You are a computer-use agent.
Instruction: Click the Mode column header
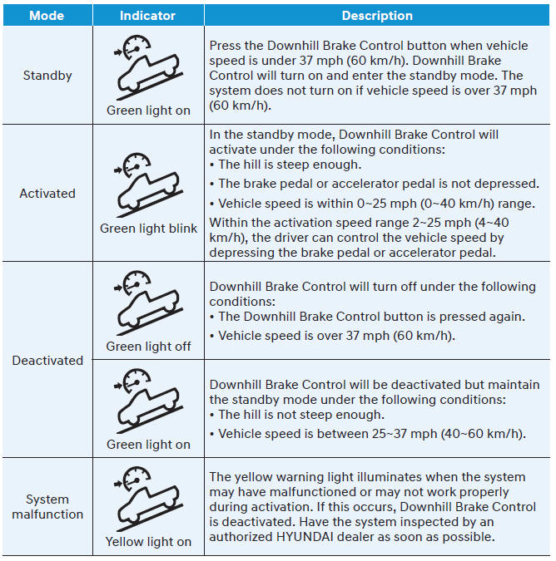click(47, 16)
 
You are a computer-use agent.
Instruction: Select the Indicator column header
click(147, 16)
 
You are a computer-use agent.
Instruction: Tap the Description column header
click(377, 16)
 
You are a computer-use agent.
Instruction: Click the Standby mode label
click(47, 76)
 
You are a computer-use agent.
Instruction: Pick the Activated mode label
click(47, 194)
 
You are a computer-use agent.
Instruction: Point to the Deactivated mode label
click(47, 361)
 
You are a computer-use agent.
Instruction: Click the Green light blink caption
click(148, 229)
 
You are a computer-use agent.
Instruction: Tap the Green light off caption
click(148, 347)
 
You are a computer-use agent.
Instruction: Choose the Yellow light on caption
click(148, 542)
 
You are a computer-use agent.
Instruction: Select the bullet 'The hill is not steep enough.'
click(300, 415)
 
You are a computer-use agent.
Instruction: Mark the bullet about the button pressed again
click(370, 317)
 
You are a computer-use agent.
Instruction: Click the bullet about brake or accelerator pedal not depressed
click(370, 184)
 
